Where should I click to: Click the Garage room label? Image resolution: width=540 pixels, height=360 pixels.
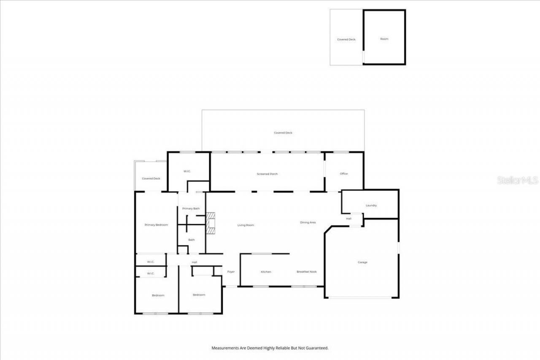click(362, 262)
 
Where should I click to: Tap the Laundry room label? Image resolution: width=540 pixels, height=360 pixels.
click(371, 205)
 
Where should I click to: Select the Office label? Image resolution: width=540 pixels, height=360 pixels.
click(344, 173)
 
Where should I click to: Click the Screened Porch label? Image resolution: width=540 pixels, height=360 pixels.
click(267, 174)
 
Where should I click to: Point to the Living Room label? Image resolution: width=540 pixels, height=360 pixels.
click(246, 225)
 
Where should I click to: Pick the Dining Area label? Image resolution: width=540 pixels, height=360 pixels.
click(308, 222)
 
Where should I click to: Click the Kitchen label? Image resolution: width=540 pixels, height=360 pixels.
click(266, 272)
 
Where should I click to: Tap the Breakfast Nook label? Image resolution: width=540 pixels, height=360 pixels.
click(306, 272)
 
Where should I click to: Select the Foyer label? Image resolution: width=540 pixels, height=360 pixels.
click(231, 272)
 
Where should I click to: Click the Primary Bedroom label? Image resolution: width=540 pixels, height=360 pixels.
click(156, 225)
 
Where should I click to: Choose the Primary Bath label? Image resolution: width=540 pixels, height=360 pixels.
click(191, 208)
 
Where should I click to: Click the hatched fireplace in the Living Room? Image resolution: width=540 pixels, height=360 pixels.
click(211, 222)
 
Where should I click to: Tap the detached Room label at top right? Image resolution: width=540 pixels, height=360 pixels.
click(384, 39)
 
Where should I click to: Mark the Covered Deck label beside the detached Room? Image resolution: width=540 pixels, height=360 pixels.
click(346, 39)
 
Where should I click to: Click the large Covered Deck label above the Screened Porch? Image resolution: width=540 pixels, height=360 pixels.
click(283, 133)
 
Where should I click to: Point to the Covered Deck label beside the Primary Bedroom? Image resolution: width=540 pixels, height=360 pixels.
click(151, 178)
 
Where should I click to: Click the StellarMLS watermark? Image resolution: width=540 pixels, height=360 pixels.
click(518, 180)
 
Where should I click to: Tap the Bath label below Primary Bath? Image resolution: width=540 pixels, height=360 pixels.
click(192, 240)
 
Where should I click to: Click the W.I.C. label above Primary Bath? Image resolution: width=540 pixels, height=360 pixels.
click(187, 171)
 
